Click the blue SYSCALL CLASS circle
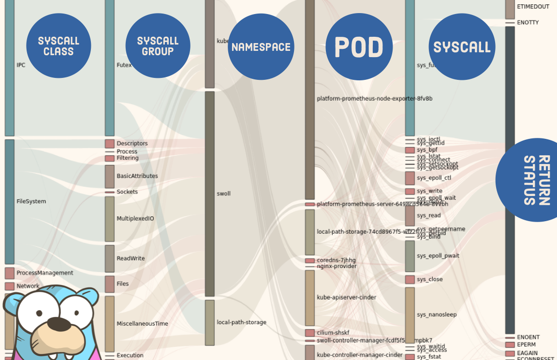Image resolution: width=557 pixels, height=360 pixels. (59, 45)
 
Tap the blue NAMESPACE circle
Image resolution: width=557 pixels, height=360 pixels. (261, 47)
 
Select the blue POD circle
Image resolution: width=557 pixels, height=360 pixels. (359, 47)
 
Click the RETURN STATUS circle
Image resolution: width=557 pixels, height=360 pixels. (532, 180)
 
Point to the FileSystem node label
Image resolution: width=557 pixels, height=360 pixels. (31, 201)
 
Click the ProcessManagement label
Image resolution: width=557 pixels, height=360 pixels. (45, 273)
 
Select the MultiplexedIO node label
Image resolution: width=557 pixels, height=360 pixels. (135, 219)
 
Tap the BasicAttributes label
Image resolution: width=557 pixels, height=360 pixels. (137, 176)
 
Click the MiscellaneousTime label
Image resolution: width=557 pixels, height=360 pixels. (142, 324)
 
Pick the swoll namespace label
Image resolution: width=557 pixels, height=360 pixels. (223, 194)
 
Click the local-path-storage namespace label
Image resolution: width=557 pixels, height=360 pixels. (241, 322)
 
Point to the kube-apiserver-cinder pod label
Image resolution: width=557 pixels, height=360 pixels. (346, 298)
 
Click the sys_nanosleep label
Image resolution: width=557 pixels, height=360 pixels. (437, 315)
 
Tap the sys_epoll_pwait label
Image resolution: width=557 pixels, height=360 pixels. (438, 255)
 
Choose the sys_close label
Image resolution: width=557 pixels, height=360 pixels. (429, 279)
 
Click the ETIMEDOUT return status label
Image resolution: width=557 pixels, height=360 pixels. (533, 7)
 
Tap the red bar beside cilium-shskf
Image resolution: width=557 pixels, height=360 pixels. (310, 333)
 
